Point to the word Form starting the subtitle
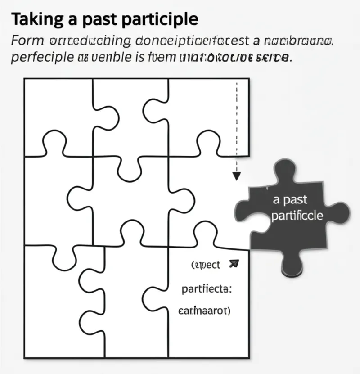[27, 42]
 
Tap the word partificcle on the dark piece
[297, 215]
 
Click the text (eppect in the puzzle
[206, 265]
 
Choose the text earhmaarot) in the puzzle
[205, 311]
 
